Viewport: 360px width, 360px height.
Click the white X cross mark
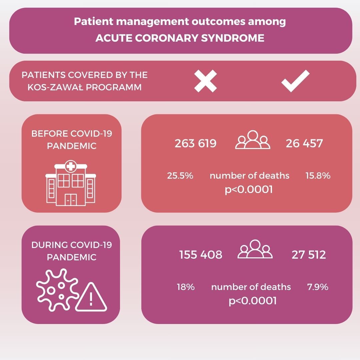[x=205, y=81]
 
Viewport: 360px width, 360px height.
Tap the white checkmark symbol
[x=295, y=81]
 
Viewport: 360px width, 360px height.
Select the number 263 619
[x=196, y=143]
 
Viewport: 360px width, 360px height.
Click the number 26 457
[x=304, y=143]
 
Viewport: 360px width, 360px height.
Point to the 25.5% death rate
[x=180, y=176]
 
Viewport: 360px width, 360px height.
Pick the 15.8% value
[x=318, y=176]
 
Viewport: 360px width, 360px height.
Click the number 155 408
[x=201, y=255]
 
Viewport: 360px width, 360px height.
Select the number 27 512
[x=309, y=255]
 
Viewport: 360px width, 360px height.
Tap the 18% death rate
[x=186, y=287]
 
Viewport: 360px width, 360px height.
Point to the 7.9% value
[x=318, y=287]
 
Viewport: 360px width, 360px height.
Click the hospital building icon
[x=71, y=183]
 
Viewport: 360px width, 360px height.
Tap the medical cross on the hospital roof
[x=71, y=166]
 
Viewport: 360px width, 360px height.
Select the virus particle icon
[x=57, y=290]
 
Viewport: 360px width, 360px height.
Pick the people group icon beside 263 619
[x=253, y=140]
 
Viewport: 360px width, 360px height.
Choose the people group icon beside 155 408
[x=255, y=249]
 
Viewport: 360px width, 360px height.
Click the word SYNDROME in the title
[x=233, y=38]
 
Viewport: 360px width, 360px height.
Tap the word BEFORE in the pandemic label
[x=50, y=134]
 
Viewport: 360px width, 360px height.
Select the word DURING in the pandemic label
[x=49, y=245]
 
